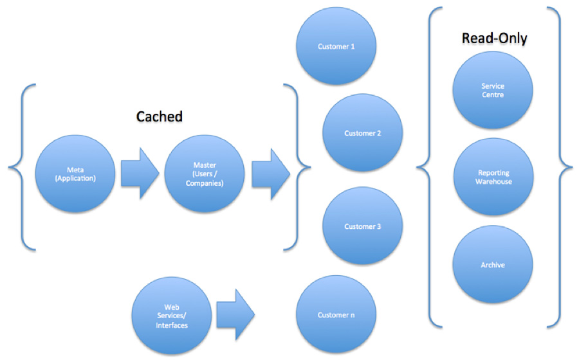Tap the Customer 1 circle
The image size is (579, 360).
(336, 47)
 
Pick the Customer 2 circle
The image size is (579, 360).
(363, 134)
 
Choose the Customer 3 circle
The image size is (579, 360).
(363, 226)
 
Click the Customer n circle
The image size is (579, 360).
(336, 315)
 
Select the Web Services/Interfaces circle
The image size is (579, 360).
(171, 315)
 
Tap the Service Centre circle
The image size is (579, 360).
(493, 91)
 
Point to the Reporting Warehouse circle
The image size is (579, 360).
(493, 177)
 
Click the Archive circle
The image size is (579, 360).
(493, 265)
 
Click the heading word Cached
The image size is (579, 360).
(160, 116)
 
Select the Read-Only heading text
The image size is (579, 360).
(494, 39)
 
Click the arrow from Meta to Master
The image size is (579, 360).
(140, 174)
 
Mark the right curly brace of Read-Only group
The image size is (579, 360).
(565, 167)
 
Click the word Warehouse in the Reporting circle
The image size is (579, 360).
(493, 182)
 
